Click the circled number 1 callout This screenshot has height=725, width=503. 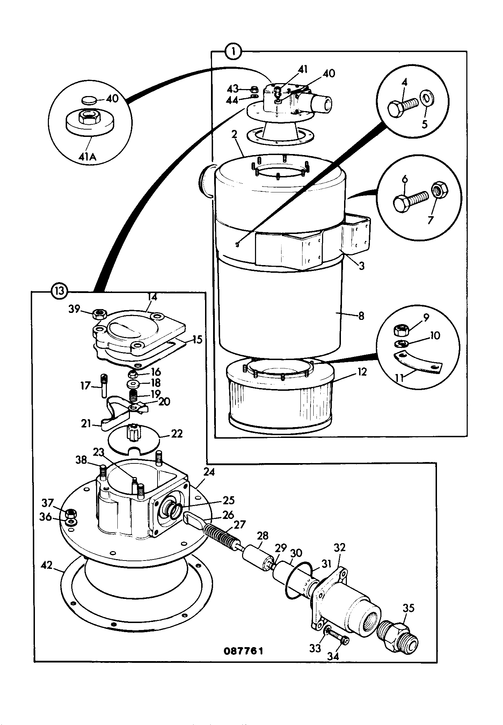coord(233,52)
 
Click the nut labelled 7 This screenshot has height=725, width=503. coord(438,190)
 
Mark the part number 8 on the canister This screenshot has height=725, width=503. coord(361,316)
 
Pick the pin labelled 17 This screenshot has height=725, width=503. coord(104,386)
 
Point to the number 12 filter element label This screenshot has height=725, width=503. coord(362,372)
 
